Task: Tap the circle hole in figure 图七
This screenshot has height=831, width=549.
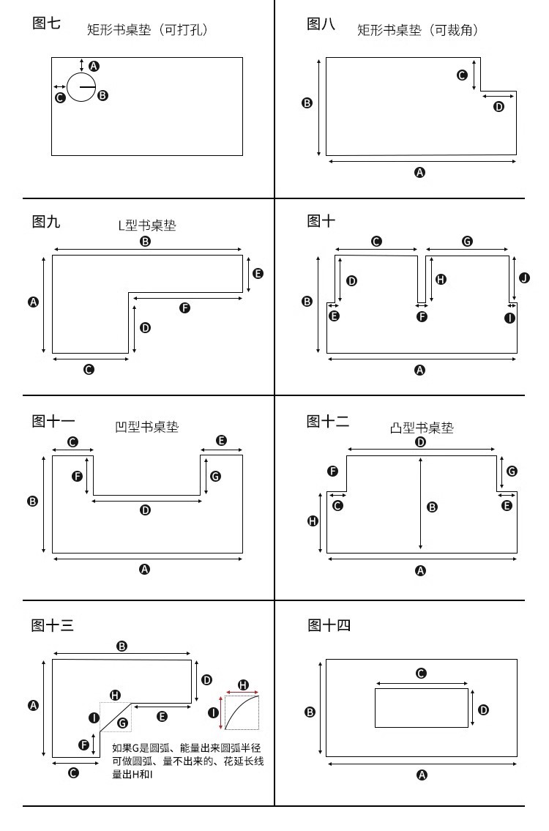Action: [81, 87]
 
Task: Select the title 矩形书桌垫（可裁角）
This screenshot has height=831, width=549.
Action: [417, 30]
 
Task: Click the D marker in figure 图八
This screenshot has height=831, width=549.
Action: [499, 106]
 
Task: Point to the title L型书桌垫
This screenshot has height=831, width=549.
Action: [147, 225]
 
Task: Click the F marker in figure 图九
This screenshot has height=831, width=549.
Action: [184, 308]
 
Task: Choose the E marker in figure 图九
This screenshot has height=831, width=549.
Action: [258, 273]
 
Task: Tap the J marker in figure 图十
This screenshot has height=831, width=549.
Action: [524, 278]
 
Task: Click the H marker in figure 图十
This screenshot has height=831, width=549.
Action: [440, 279]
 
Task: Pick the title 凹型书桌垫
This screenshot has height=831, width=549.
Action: [147, 427]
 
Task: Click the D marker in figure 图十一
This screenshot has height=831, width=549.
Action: [145, 510]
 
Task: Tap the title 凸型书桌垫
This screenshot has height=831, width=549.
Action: [422, 428]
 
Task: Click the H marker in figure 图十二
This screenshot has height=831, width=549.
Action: [313, 521]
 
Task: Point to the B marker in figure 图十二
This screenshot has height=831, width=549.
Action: [432, 507]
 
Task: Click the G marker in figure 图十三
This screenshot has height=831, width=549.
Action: [122, 723]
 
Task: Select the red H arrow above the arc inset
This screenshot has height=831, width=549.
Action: [242, 690]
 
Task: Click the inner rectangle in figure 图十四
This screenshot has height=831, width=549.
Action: [421, 707]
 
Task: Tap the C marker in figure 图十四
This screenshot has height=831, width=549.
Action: [421, 674]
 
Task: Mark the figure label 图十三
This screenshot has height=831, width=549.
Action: [53, 625]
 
